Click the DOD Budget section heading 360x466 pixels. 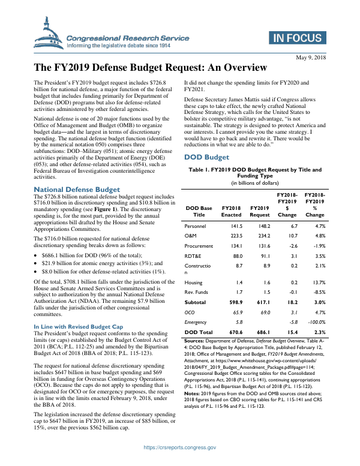click(x=206, y=157)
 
